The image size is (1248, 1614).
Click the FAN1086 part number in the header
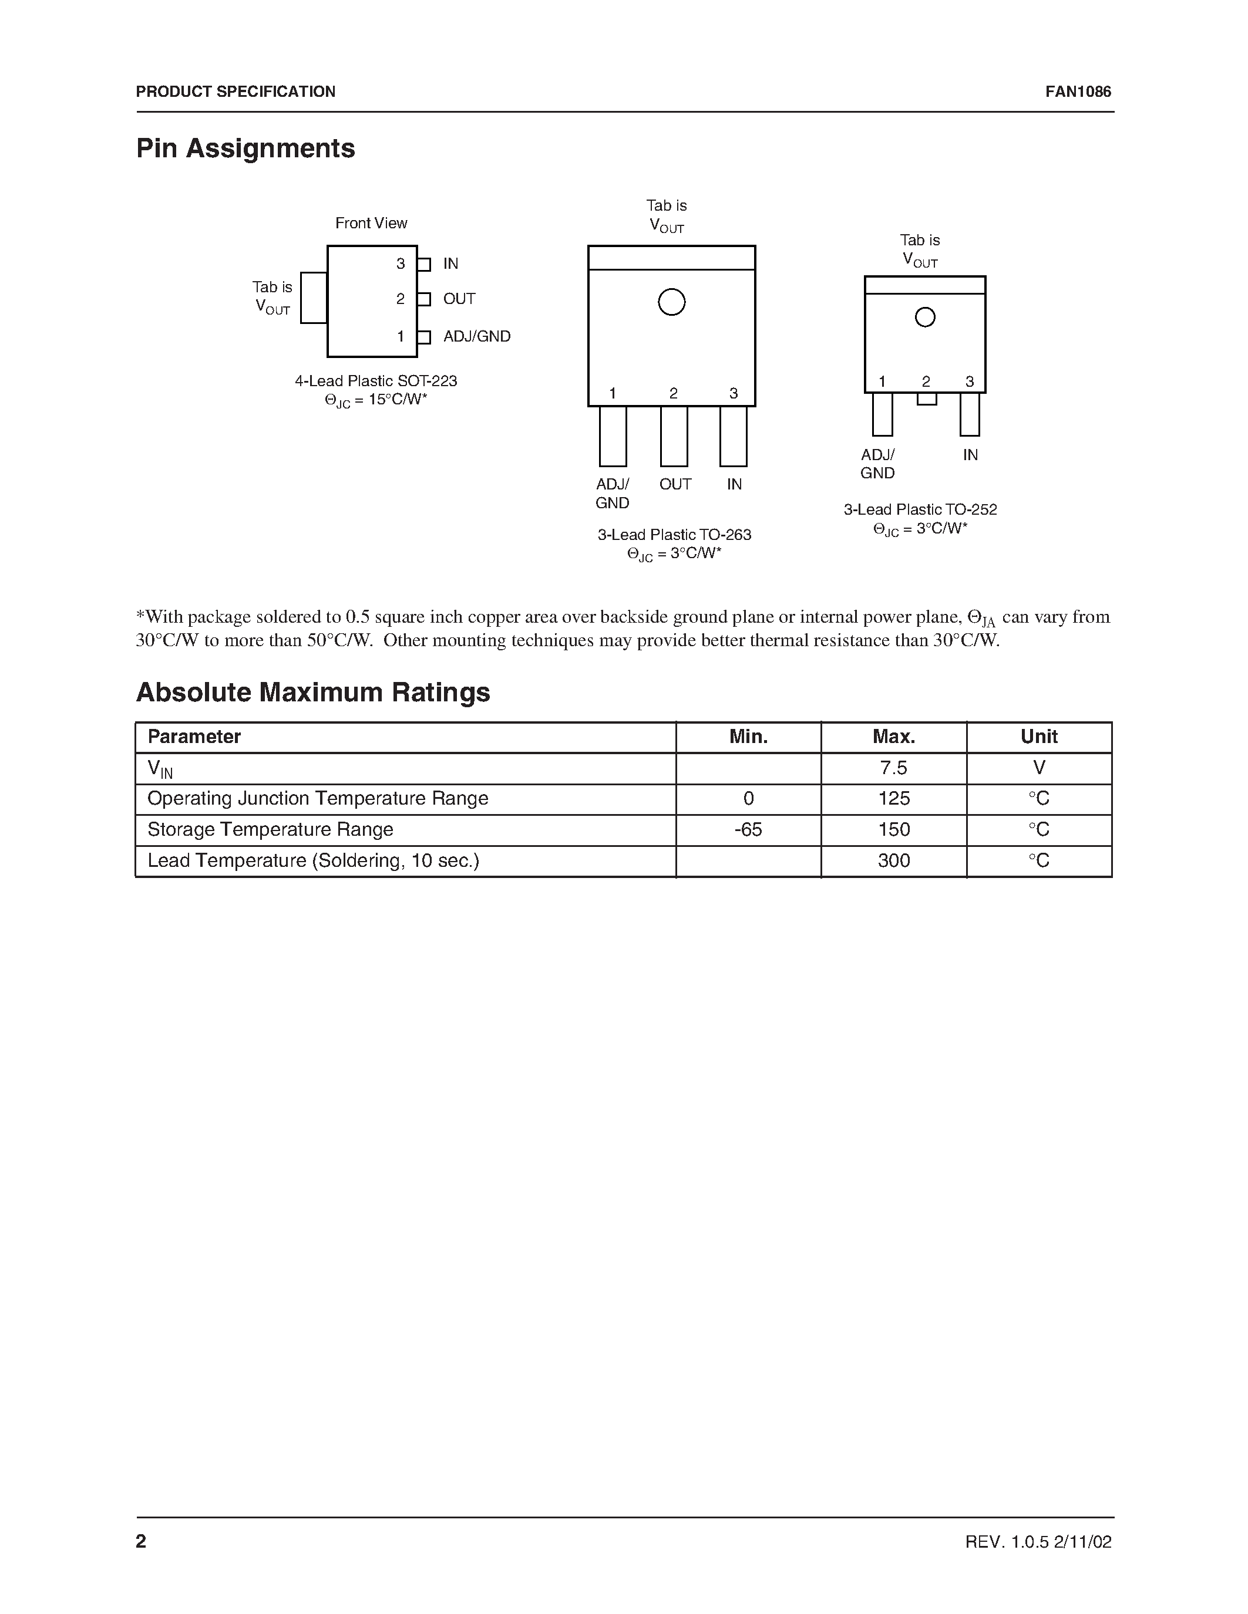click(1077, 92)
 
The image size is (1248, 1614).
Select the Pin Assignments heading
click(245, 148)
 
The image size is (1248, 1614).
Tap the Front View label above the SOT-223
click(371, 223)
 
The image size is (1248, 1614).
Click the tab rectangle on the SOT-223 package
click(314, 298)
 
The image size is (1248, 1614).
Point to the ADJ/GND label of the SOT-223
click(476, 336)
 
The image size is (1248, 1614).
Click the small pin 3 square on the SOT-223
click(423, 264)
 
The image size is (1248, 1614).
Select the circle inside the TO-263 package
click(671, 302)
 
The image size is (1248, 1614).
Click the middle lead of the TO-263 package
click(674, 436)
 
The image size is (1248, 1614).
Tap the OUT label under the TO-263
click(675, 484)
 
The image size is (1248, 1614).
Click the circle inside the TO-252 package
click(925, 317)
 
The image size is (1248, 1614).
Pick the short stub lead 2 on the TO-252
click(926, 399)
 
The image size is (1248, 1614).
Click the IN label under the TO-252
click(970, 455)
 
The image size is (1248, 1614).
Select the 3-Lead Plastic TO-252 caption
click(920, 510)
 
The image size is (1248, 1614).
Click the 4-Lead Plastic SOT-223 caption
click(376, 381)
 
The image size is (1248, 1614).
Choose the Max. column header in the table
click(893, 737)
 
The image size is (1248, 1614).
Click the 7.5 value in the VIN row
click(893, 768)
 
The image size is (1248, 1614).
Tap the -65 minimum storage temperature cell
click(748, 830)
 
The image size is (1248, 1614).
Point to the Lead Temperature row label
click(314, 861)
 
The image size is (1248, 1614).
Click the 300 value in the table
click(893, 861)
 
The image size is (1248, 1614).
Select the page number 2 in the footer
click(141, 1541)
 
